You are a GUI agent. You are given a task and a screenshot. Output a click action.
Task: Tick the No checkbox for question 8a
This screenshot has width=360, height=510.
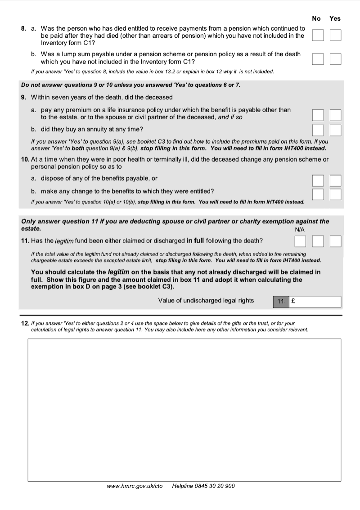point(318,35)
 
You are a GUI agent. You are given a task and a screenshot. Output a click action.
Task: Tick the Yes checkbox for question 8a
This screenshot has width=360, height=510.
point(335,35)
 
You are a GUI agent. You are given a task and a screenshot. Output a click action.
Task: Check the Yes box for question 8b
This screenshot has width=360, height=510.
point(335,59)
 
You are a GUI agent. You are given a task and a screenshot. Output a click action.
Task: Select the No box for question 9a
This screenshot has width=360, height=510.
point(318,116)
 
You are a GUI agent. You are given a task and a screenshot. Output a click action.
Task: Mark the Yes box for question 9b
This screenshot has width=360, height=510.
point(335,130)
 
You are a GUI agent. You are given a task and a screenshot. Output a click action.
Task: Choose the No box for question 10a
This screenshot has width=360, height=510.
point(318,181)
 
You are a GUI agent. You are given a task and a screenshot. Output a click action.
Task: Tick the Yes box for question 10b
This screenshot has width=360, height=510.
point(335,194)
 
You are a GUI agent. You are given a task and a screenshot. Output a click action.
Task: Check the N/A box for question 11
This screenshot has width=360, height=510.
point(300,242)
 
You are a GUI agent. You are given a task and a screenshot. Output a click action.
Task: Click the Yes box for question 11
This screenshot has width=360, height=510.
point(335,242)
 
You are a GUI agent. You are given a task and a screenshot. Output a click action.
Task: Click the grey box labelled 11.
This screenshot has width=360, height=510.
point(281,302)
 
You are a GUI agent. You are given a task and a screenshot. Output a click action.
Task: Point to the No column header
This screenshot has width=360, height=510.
point(316,18)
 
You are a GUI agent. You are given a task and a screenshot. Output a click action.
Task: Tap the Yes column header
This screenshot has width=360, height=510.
point(335,18)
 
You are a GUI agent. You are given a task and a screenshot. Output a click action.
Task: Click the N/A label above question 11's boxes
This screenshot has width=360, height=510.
point(300,230)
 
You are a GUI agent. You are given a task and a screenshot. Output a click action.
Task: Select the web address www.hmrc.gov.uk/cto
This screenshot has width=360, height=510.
point(135,486)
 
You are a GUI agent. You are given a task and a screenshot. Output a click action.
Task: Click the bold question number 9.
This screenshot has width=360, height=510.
point(23,97)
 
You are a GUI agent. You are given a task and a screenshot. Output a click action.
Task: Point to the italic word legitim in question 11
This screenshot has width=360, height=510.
point(64,241)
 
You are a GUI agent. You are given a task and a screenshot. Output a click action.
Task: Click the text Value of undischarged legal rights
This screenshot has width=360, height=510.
point(206,301)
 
